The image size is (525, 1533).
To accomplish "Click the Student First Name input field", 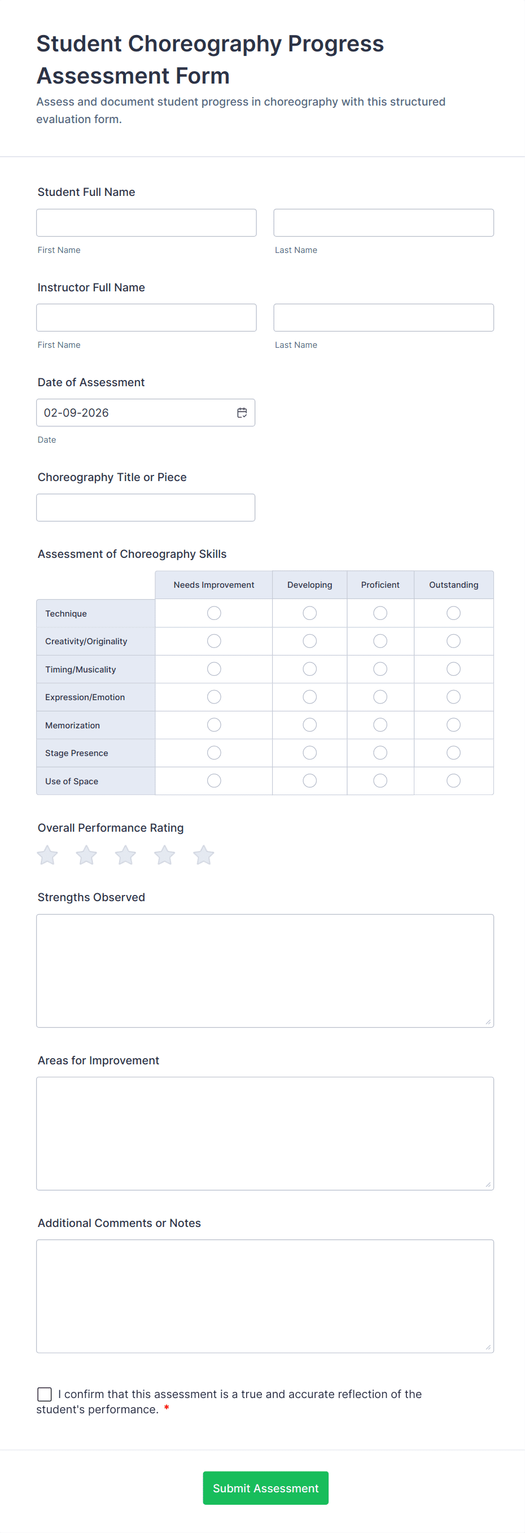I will tap(146, 222).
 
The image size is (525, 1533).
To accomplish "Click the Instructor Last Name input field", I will tap(383, 318).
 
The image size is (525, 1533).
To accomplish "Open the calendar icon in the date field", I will tap(242, 413).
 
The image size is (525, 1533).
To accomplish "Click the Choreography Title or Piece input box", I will tap(146, 508).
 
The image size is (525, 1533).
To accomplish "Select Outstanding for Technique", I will tap(453, 613).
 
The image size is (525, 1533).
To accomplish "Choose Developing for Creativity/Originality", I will tap(309, 641).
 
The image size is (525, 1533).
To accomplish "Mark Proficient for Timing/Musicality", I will tap(380, 669).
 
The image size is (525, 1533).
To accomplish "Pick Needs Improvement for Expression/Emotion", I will tap(215, 697).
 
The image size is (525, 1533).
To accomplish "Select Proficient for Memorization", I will tap(380, 725).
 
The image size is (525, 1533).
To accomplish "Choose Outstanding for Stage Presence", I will tap(453, 753).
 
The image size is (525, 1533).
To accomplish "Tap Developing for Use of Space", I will tap(309, 781).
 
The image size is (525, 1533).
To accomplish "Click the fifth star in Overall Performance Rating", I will tap(204, 855).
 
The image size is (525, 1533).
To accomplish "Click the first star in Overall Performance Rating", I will tap(47, 855).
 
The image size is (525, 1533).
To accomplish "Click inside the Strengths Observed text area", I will tap(265, 971).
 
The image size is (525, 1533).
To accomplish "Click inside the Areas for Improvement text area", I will tap(265, 1133).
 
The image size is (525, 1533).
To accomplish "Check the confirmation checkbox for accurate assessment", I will tap(45, 1394).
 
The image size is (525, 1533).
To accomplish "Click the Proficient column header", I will tap(380, 585).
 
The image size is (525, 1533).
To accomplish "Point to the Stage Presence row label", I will tap(77, 753).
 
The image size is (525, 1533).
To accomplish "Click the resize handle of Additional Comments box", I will tap(488, 1347).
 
